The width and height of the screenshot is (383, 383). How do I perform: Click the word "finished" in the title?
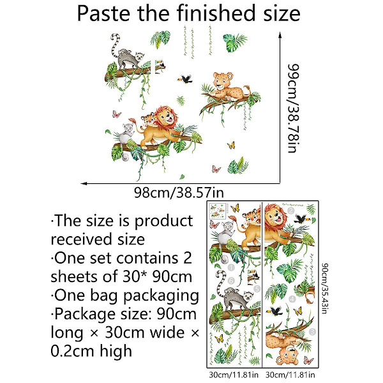pos(216,13)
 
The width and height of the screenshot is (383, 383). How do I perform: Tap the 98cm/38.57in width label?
pos(179,193)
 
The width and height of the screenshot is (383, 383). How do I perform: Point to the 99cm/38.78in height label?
pos(293,109)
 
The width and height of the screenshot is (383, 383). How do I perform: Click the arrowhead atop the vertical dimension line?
pos(280,35)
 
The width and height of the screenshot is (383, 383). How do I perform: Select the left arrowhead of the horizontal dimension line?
pos(84,183)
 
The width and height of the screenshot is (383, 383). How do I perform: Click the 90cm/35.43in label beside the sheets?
pos(324,289)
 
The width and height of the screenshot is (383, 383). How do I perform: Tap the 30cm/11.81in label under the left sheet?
pos(234,375)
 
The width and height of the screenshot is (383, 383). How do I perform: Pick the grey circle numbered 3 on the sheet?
pos(312,332)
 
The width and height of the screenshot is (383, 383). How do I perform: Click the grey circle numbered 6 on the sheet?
pos(231,281)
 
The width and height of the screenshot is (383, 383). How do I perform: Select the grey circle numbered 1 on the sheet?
pos(231,267)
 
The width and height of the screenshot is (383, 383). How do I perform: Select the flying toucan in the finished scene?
pos(185,79)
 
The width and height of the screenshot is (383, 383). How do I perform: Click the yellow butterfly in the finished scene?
pos(231,146)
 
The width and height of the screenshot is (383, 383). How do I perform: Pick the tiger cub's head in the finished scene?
pos(148,119)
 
